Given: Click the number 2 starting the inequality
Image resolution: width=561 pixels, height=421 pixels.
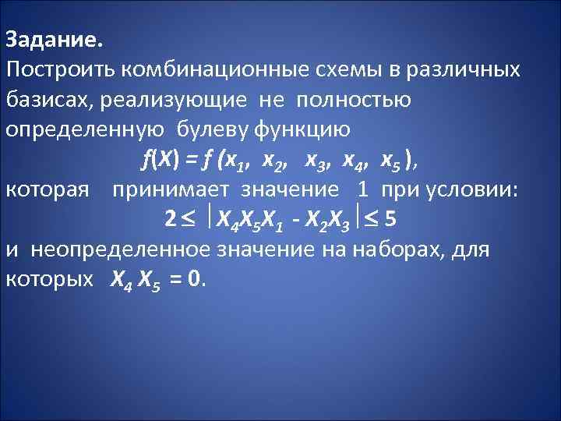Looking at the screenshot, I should click(x=170, y=220).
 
